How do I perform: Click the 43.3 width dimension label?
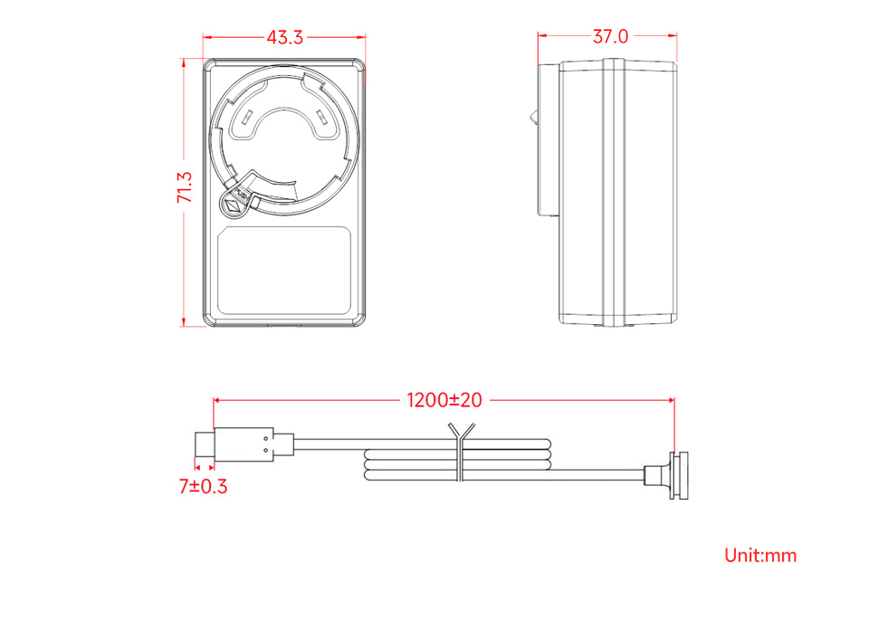tap(285, 37)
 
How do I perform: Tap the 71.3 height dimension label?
tap(185, 187)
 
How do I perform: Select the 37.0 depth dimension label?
tap(610, 36)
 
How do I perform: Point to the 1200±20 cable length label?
tap(444, 400)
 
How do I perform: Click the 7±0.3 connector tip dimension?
tap(203, 486)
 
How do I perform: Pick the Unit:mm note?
tap(760, 555)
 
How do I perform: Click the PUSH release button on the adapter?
tap(235, 202)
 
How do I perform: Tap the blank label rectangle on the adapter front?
tap(284, 271)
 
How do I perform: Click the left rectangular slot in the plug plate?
tap(247, 118)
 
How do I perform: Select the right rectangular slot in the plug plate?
tap(321, 118)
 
